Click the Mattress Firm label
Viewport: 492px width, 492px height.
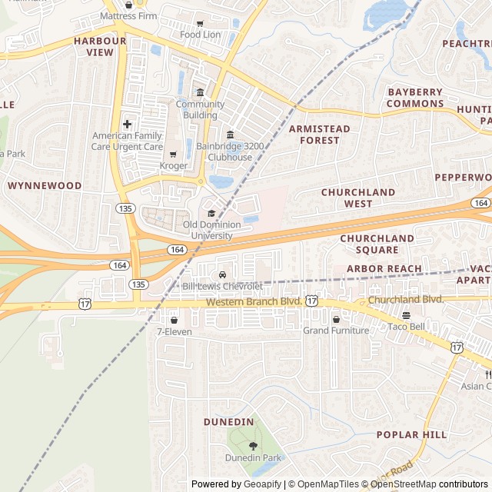click(x=128, y=15)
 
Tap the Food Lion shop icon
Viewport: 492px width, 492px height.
click(x=201, y=24)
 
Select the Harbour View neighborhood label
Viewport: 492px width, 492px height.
click(x=100, y=46)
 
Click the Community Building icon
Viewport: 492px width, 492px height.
click(x=200, y=93)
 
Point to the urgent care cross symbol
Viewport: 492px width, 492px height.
click(x=127, y=124)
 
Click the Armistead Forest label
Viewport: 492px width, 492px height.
click(x=320, y=135)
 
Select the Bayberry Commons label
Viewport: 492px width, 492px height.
click(x=415, y=98)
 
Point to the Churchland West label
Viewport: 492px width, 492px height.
click(x=358, y=198)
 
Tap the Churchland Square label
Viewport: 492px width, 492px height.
click(x=377, y=244)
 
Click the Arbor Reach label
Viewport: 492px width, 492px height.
click(x=384, y=269)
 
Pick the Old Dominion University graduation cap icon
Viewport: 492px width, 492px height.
click(x=211, y=213)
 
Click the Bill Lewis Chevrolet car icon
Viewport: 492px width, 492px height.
click(x=222, y=275)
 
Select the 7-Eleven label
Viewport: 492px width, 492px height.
click(x=174, y=331)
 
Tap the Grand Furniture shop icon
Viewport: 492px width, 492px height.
click(x=336, y=319)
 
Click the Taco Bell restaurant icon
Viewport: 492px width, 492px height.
click(x=406, y=315)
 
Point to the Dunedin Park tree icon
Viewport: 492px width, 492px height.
click(x=253, y=445)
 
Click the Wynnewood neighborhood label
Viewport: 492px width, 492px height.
click(x=45, y=185)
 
